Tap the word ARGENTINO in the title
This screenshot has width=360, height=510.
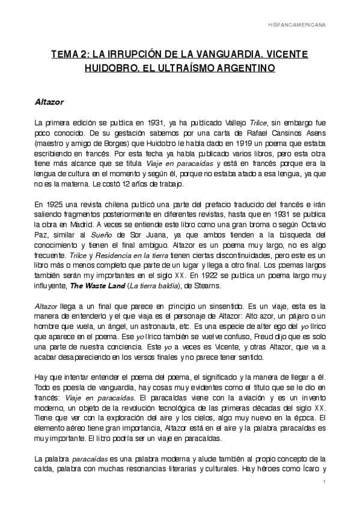pyautogui.click(x=245, y=69)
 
